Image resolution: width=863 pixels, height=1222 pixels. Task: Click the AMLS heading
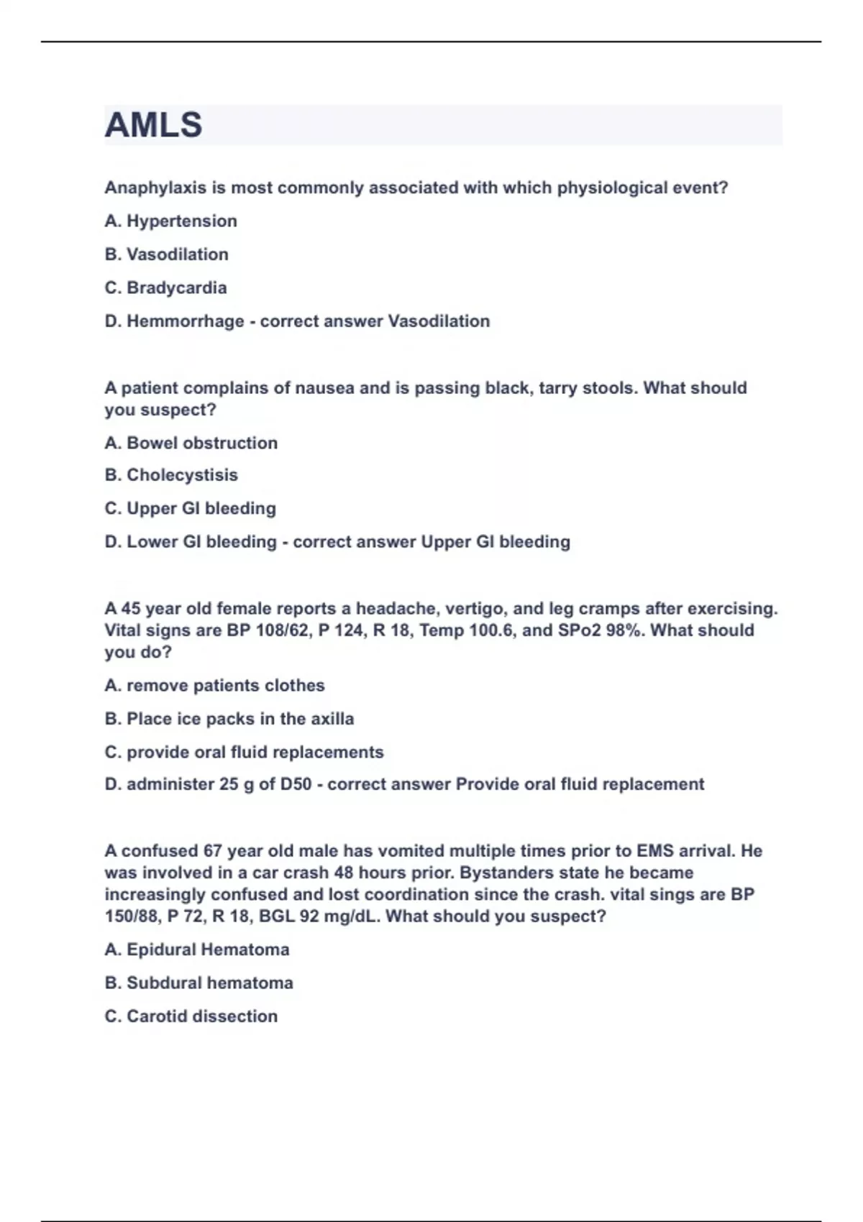153,125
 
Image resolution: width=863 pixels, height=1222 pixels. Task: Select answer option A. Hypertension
170,221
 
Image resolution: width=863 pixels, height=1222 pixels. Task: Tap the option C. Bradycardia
165,288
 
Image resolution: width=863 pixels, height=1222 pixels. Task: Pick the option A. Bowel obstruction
191,443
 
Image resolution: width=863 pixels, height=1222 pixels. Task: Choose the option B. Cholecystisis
171,475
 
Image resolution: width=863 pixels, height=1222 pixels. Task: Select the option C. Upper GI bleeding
190,508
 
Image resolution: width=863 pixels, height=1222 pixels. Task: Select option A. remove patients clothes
214,685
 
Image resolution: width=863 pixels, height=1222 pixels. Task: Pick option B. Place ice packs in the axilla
229,719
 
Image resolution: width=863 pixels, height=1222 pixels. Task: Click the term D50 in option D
296,784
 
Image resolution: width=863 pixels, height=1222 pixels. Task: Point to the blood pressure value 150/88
129,916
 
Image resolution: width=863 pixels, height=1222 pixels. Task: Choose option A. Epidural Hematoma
196,950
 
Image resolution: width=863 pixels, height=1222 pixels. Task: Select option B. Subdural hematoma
198,983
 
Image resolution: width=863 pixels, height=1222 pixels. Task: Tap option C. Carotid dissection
191,1016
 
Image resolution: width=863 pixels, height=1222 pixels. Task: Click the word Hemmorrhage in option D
185,321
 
